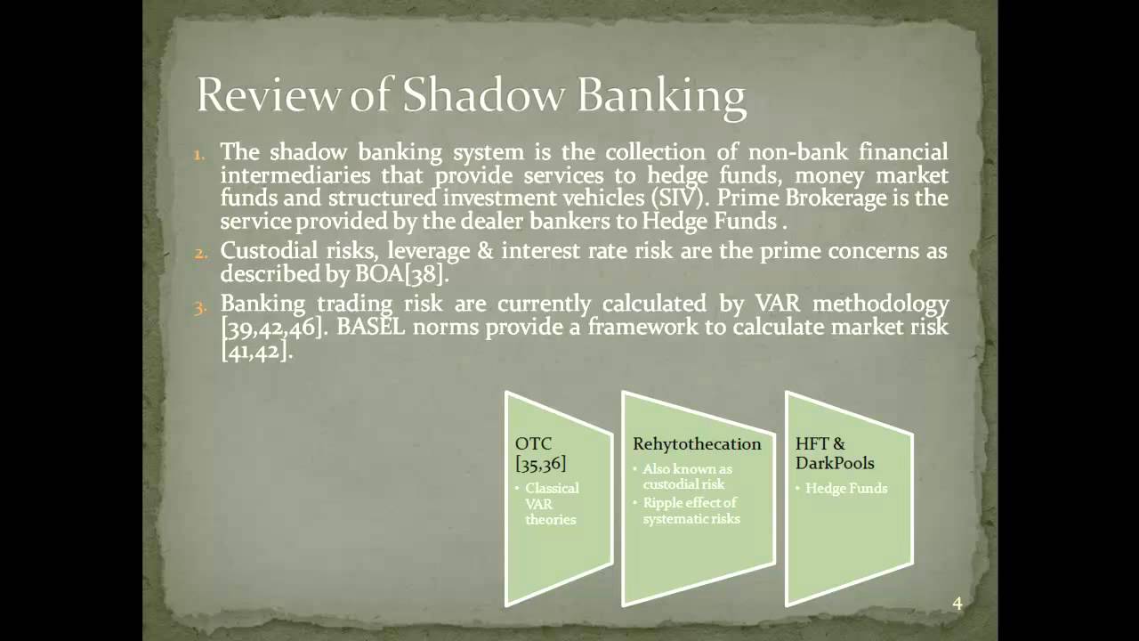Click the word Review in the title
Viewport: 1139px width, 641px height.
pyautogui.click(x=269, y=95)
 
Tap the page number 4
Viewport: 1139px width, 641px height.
pyautogui.click(x=957, y=604)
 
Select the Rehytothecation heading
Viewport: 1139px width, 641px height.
pyautogui.click(x=697, y=443)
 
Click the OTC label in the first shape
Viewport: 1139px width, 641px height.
pyautogui.click(x=533, y=443)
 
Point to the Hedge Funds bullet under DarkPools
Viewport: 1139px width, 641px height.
pyautogui.click(x=845, y=488)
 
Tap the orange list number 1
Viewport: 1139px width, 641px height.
pyautogui.click(x=200, y=153)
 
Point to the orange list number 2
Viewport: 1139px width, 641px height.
pyautogui.click(x=200, y=252)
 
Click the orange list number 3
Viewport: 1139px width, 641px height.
pyautogui.click(x=200, y=306)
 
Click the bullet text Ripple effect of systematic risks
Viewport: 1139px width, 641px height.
pyautogui.click(x=691, y=510)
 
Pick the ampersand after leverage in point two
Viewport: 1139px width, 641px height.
pyautogui.click(x=484, y=251)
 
